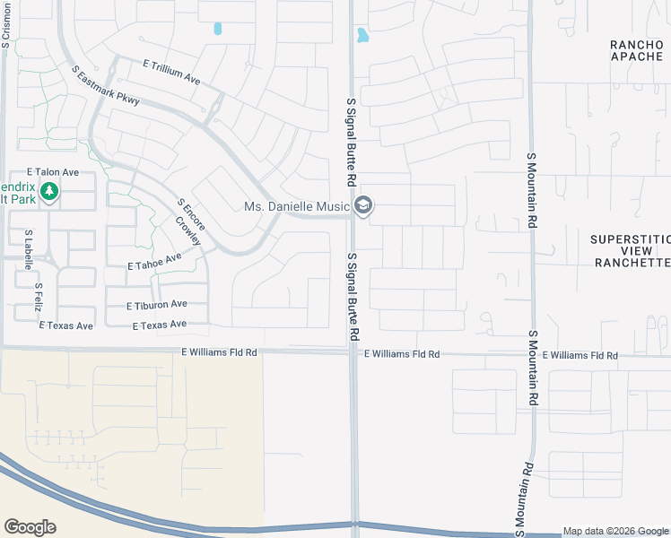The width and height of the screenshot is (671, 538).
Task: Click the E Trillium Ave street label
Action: pyautogui.click(x=171, y=72)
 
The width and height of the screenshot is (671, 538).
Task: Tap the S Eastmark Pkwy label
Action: pyautogui.click(x=105, y=88)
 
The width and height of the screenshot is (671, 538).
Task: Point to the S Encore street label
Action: pyautogui.click(x=193, y=213)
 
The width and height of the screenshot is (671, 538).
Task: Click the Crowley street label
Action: pyautogui.click(x=187, y=231)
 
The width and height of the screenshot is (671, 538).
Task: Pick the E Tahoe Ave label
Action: pyautogui.click(x=154, y=261)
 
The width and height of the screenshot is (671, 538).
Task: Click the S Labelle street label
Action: pyautogui.click(x=29, y=249)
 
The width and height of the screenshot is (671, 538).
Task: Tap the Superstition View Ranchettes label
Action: pyautogui.click(x=632, y=250)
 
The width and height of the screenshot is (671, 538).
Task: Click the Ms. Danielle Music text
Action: pyautogui.click(x=297, y=207)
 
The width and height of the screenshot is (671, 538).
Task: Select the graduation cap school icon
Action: pyautogui.click(x=363, y=207)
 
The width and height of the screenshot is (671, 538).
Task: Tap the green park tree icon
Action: pyautogui.click(x=50, y=191)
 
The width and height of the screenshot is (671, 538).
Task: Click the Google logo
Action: pyautogui.click(x=30, y=527)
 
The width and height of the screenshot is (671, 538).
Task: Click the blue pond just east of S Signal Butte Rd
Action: pyautogui.click(x=362, y=36)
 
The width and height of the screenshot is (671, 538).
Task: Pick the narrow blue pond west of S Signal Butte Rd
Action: pyautogui.click(x=218, y=29)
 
